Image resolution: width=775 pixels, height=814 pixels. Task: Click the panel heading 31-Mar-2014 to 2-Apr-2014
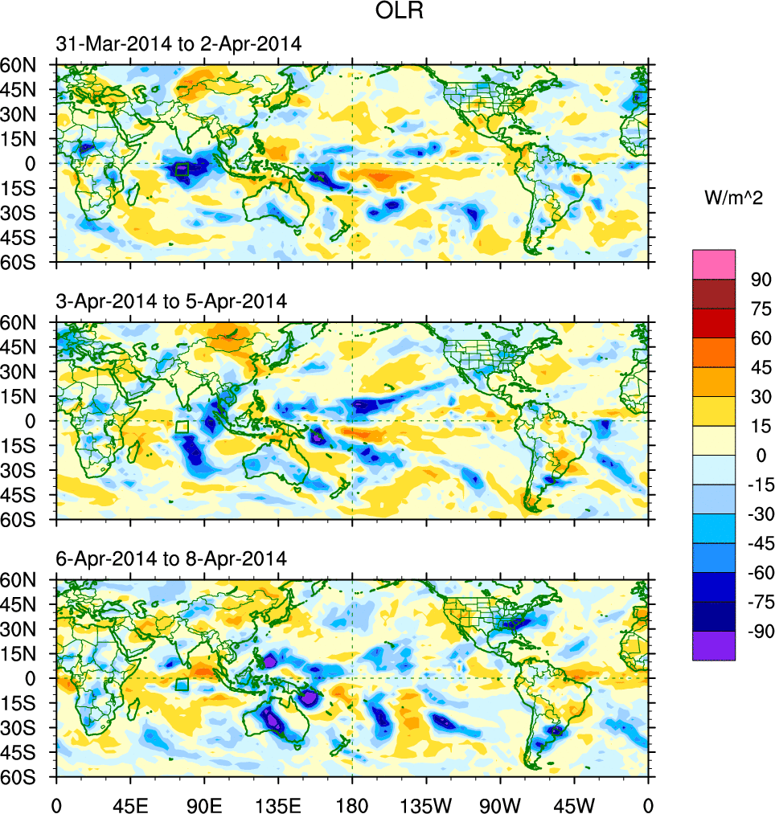pyautogui.click(x=179, y=45)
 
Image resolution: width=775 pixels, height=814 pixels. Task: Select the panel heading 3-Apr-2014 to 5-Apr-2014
pyautogui.click(x=171, y=302)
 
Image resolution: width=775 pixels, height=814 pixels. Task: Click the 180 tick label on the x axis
pyautogui.click(x=352, y=804)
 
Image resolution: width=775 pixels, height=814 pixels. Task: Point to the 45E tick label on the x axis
pyautogui.click(x=130, y=804)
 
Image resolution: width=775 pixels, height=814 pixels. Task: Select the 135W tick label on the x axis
pyautogui.click(x=426, y=804)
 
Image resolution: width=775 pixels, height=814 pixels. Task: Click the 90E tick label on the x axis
pyautogui.click(x=204, y=804)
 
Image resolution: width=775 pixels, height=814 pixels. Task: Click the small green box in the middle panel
pyautogui.click(x=182, y=427)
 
